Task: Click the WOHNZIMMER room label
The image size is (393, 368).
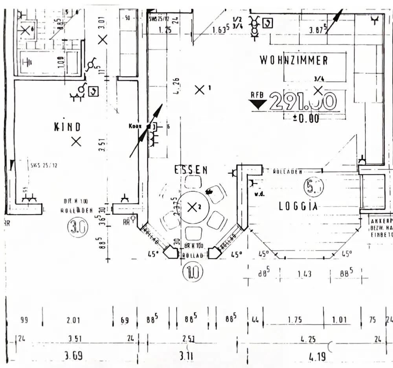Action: pos(294,60)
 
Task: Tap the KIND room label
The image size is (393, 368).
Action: pos(67,126)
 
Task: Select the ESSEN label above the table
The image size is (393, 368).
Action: pos(191,170)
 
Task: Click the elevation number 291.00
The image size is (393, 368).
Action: pos(303,101)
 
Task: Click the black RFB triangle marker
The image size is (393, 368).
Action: pos(259,104)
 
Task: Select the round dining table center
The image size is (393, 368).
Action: pos(192,207)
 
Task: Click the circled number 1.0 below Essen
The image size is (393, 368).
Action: pos(193,273)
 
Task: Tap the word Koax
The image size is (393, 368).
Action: pos(134,126)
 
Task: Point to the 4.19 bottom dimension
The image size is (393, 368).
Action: pos(317,356)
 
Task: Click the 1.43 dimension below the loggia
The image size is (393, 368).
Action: pos(305,274)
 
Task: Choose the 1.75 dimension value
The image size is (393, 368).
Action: pos(294,320)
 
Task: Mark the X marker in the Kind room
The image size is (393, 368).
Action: pos(76,141)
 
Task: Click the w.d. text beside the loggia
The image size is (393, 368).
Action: pos(259,193)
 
